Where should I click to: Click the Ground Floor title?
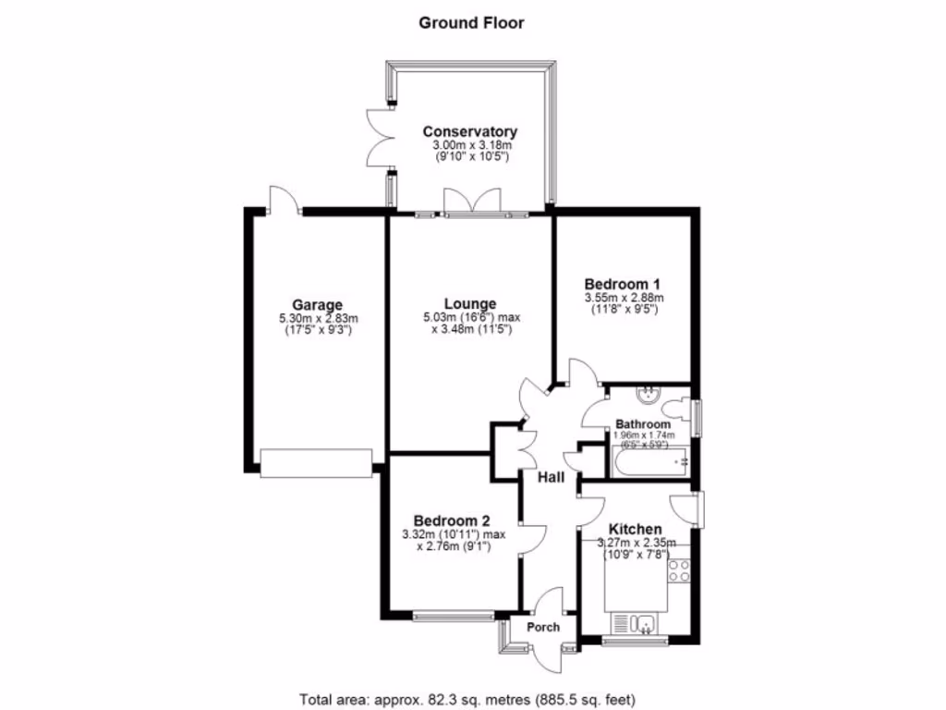coord(471,22)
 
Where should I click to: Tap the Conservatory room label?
coord(470,132)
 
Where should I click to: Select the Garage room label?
coord(317,304)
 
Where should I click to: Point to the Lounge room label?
coord(469,303)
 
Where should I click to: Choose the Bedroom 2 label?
coord(452,520)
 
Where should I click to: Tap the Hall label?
coord(552,477)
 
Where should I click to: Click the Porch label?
coord(543,627)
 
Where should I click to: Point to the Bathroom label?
coord(645,424)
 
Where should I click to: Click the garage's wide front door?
coord(316,463)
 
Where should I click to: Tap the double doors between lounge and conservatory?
coord(471,202)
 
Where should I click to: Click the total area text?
coord(467,699)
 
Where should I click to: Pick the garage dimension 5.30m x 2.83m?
coord(317,319)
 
